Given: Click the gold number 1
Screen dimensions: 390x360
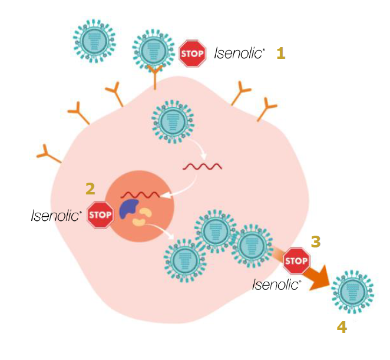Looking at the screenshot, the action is pos(281,53).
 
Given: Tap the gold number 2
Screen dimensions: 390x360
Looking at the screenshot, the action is pos(90,189).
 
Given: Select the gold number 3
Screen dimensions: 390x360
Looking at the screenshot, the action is pos(316,242).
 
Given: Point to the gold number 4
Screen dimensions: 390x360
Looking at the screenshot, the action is pos(342,327).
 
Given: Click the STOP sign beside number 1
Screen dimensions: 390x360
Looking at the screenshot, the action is pos(192,54).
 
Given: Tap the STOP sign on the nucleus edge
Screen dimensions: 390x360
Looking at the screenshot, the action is pos(100,214).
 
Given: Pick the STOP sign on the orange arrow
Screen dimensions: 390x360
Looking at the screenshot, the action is pos(296,261).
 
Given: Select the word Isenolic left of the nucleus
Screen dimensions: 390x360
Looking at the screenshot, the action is pos(56,215).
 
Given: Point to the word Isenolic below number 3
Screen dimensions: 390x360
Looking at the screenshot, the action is pos(276,285).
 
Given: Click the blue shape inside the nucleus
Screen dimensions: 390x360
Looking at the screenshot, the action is pos(128,209).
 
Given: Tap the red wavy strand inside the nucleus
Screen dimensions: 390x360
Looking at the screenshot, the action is pos(140,194).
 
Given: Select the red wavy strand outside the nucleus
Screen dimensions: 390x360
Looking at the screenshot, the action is pos(202,166).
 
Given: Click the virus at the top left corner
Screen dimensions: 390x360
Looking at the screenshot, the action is pos(94,41).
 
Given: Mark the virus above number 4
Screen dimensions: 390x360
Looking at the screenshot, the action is pos(353,292).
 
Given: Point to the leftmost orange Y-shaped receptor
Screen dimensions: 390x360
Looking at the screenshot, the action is pos(48,154).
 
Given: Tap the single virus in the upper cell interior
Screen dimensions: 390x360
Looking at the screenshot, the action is pos(173,122).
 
